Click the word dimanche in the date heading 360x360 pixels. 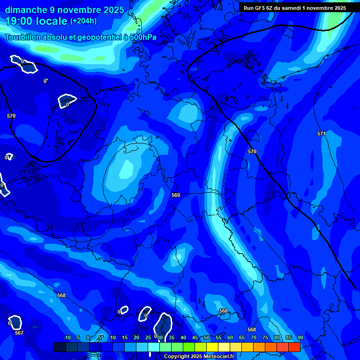point(25,10)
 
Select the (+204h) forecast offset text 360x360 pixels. point(83,21)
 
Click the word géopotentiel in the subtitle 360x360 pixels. point(97,37)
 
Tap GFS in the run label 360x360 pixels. point(261,8)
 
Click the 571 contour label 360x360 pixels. point(321,134)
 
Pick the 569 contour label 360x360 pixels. point(176,195)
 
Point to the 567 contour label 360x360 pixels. point(19,333)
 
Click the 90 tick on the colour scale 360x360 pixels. point(300,337)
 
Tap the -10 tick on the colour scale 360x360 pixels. point(67,337)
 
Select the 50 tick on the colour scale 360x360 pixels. point(207,337)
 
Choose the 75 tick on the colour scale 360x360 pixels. point(265,337)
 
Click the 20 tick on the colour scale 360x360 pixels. point(136,337)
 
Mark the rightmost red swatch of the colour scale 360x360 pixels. point(294,347)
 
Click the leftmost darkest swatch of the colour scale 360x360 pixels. point(60,347)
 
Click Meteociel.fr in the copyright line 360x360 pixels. point(218,357)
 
